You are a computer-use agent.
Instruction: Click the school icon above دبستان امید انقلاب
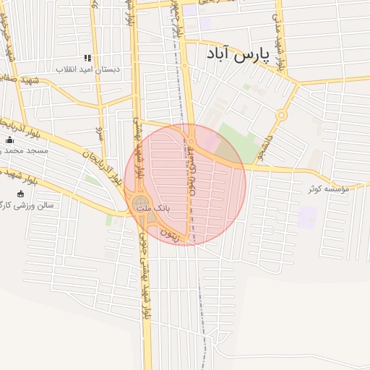point(88,58)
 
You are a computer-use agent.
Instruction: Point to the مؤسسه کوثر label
point(327,189)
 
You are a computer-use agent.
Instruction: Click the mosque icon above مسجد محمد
point(9,140)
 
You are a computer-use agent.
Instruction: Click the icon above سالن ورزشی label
point(20,194)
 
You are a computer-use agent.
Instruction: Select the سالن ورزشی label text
point(36,205)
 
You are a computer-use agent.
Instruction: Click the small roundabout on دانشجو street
point(281,114)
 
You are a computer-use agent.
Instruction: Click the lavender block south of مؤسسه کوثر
point(308,217)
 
